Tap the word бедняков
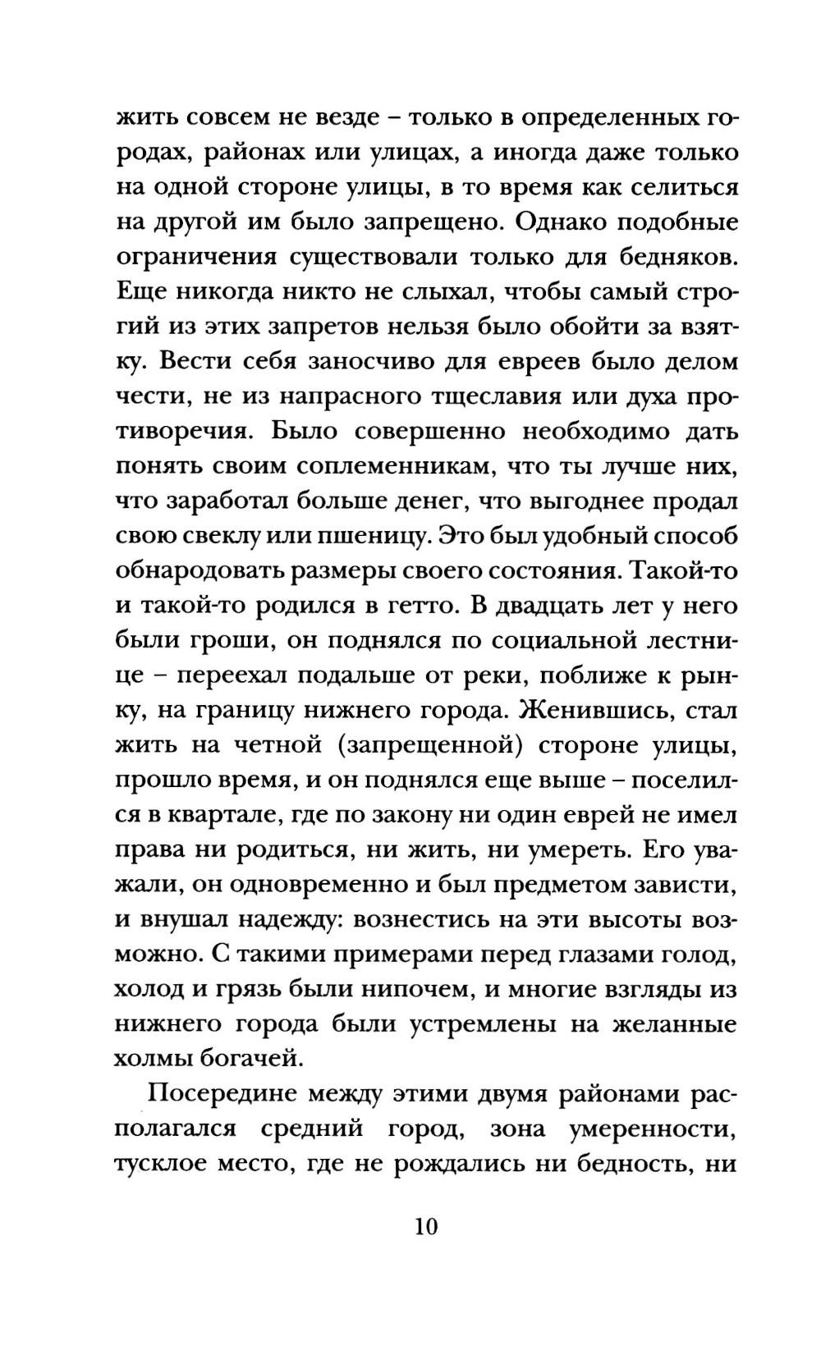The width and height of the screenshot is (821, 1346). coord(664,258)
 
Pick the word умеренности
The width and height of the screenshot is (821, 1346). coord(650,1129)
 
